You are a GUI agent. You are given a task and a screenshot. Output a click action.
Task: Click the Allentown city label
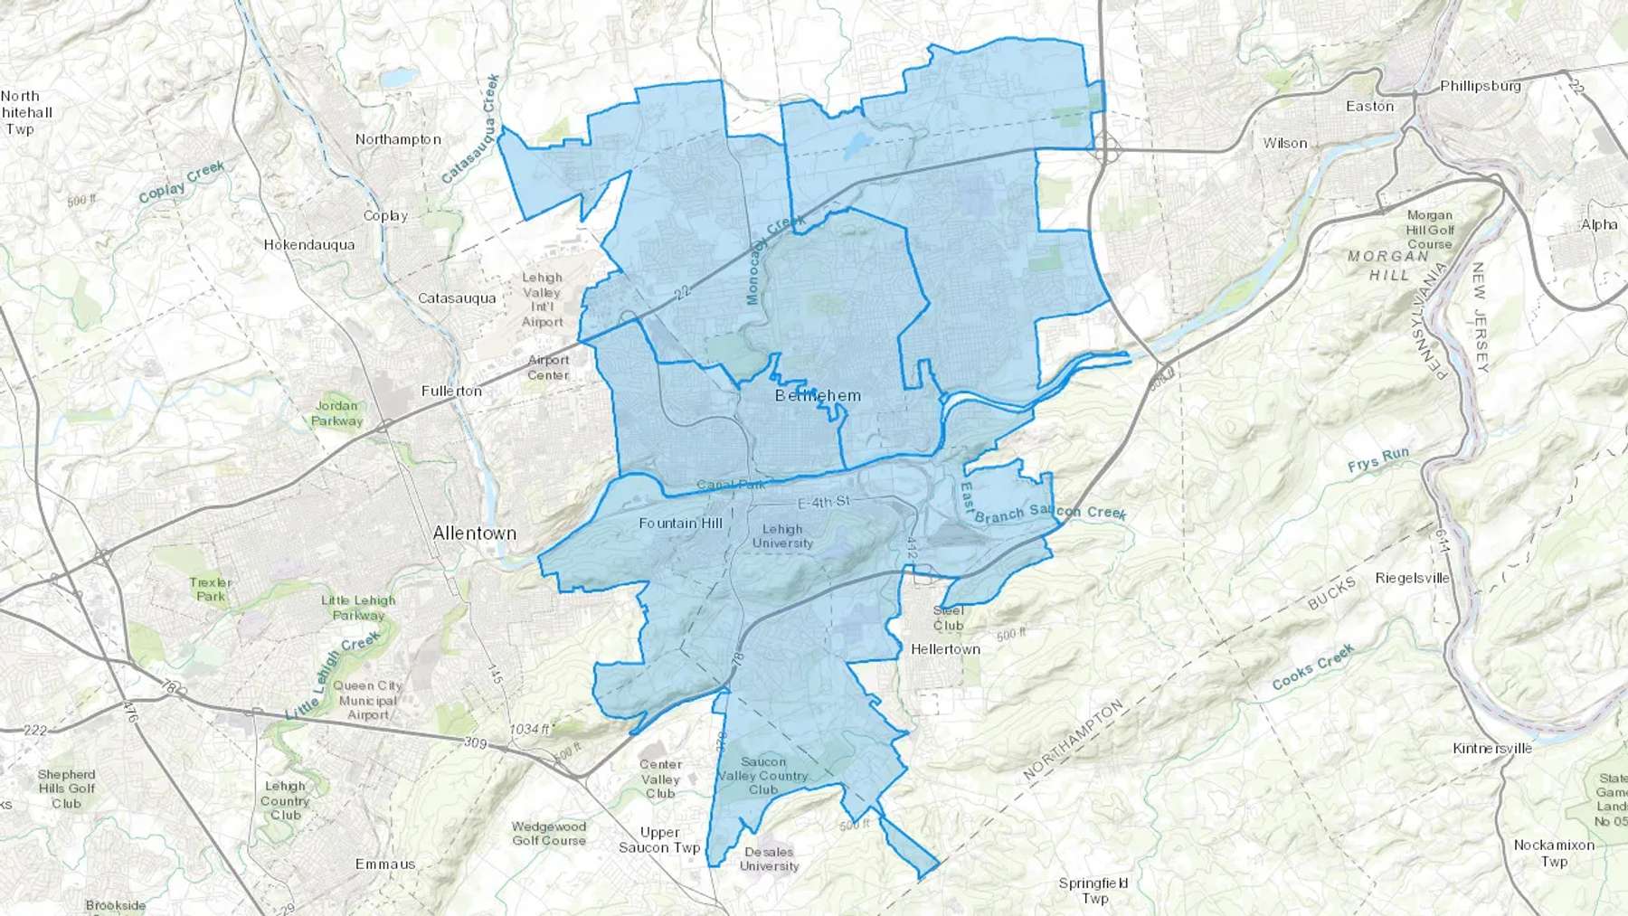pos(474,534)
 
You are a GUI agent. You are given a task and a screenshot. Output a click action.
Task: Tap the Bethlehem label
pos(818,396)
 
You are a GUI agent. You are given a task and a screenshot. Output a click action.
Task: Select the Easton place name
pos(1369,107)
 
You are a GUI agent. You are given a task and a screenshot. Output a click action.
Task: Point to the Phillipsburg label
pos(1480,87)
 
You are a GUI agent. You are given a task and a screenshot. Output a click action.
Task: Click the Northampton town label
pos(398,139)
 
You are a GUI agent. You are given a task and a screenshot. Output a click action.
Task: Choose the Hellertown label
pos(945,649)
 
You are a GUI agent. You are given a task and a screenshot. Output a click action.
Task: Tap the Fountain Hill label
pos(680,524)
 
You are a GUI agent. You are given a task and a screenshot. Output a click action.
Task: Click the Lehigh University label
pos(782,536)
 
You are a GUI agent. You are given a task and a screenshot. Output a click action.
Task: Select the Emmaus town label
pos(385,864)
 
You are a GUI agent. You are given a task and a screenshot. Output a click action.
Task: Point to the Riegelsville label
pos(1412,579)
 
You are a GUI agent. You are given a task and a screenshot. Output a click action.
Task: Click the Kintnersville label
pos(1491,749)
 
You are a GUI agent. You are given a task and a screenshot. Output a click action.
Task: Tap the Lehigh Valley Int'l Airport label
pos(542,300)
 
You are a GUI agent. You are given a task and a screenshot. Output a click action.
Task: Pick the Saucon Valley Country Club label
pos(762,776)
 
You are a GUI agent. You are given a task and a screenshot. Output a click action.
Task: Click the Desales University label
pos(769,859)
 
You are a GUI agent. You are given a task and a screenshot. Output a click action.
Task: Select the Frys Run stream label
pos(1377,461)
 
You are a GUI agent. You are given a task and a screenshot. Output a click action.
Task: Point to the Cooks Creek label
pos(1312,667)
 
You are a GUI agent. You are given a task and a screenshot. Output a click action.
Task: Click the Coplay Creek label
pos(181,182)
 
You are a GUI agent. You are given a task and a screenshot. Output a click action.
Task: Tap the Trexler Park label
pos(211,590)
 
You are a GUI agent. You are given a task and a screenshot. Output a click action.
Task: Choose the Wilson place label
pos(1284,144)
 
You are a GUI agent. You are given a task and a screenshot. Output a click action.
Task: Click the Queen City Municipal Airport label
pos(367,700)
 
